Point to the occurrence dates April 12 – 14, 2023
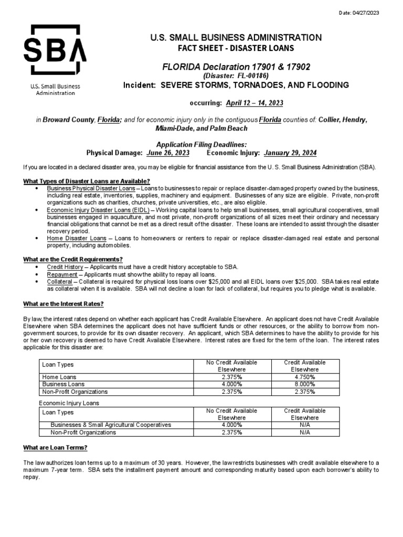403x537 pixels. [x=254, y=102]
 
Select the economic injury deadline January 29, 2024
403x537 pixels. [x=290, y=153]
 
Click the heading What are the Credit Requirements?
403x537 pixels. [x=73, y=259]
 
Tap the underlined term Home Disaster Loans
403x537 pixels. [x=77, y=238]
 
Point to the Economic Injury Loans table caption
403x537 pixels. [x=69, y=403]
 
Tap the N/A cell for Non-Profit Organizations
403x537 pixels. [x=305, y=433]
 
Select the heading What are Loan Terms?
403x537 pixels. [x=55, y=447]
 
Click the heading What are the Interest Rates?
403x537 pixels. [x=63, y=304]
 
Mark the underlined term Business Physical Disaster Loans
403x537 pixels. [x=91, y=188]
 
